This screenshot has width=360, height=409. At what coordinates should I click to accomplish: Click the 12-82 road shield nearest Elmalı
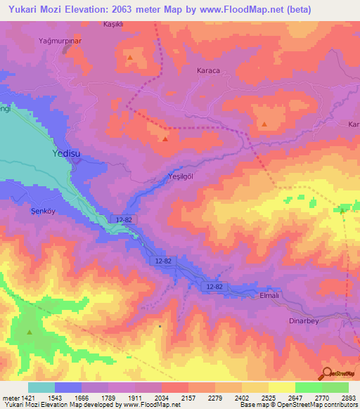214,287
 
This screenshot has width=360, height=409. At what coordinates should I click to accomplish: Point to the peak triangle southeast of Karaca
264,124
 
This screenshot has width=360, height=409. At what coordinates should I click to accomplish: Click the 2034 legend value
161,398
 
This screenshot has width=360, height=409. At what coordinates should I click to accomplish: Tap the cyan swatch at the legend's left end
41,387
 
